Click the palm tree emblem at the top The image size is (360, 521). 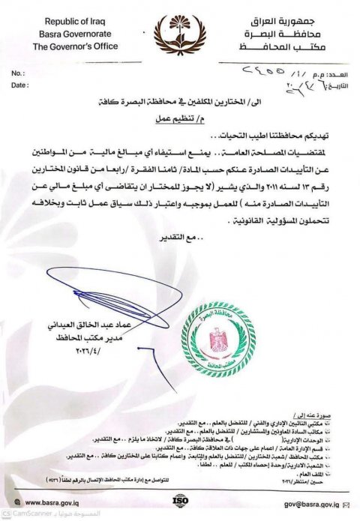coord(178,32)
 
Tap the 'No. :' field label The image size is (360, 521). coord(19,73)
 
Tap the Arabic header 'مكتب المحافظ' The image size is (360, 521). coord(287,46)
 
